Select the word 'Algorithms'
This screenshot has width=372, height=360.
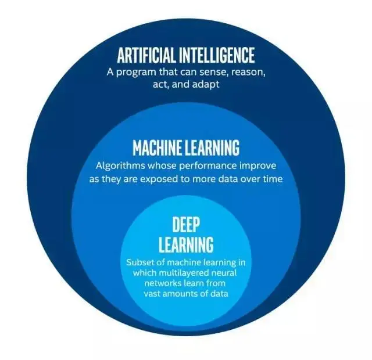(x=118, y=165)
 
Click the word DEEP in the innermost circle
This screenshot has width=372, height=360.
(x=186, y=224)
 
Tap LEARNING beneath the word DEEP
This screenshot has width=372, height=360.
(x=186, y=243)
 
